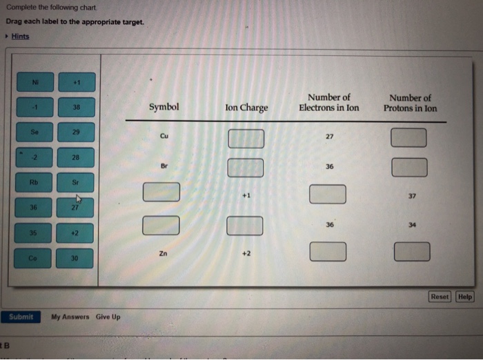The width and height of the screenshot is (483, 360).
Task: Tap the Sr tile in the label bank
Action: pos(75,183)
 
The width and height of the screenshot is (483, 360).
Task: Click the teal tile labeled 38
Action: pos(75,108)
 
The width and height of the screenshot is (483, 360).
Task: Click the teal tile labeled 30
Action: pos(75,258)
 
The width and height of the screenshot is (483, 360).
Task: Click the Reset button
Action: pos(440,297)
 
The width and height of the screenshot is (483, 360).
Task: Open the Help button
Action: pos(465,297)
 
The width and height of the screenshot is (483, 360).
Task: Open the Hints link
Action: pos(20,36)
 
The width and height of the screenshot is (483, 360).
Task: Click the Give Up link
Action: pos(108,317)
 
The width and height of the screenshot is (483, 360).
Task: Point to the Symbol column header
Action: pos(164,108)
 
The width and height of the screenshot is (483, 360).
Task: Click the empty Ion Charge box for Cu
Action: pos(246,138)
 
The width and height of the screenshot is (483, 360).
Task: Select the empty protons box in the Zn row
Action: pos(412,252)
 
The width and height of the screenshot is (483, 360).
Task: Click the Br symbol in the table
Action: pos(164,166)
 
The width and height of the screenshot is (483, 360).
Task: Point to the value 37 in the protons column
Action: pos(412,196)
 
